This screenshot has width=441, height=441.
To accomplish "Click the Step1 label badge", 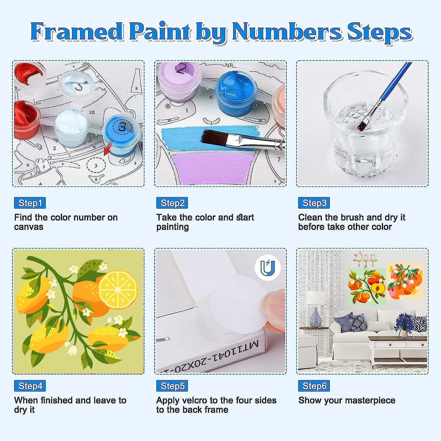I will point(30,203).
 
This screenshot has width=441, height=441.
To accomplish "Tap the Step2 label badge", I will point(172,203).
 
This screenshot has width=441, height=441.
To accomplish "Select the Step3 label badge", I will point(314,203).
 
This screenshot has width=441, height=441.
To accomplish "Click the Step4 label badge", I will point(30,386).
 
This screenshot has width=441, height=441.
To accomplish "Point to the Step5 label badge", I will point(172,386).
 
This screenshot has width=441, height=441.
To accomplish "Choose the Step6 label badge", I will point(314,386).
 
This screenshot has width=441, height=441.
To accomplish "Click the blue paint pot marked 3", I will point(122,133).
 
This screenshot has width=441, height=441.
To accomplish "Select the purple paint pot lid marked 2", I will point(180,78).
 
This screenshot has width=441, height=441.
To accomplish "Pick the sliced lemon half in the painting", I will point(118,290).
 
